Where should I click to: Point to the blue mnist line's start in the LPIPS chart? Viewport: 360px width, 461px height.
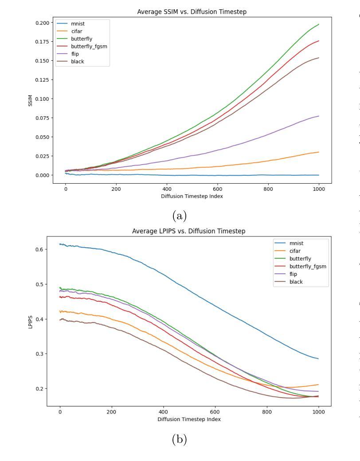pos(60,244)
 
